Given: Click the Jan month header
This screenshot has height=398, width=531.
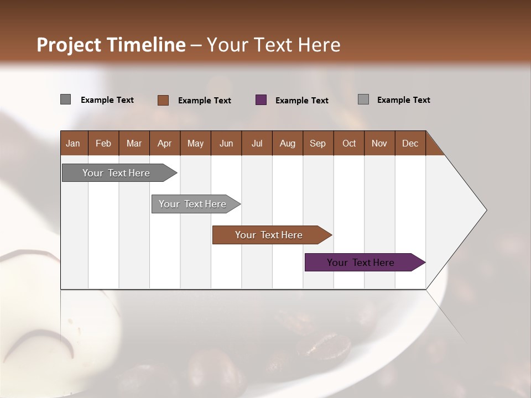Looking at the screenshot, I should (x=74, y=143).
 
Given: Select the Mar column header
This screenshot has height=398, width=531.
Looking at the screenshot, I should (x=134, y=143).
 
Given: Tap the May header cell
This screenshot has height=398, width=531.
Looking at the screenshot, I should (x=195, y=143).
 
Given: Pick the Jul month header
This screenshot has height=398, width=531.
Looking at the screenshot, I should (x=257, y=143).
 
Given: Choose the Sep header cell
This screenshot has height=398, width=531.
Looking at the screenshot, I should (x=317, y=143).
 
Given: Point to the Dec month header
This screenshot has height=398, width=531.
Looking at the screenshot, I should (x=410, y=143).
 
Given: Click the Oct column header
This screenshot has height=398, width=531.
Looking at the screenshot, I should (x=349, y=143).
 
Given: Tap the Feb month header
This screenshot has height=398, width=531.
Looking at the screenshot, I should (x=103, y=143).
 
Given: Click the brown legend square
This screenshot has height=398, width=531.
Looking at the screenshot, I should (x=163, y=100).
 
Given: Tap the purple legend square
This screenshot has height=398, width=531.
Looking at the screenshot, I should (x=261, y=100).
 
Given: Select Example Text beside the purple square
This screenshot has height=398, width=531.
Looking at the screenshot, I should (x=301, y=101).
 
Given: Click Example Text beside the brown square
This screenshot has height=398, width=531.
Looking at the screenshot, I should (x=204, y=101).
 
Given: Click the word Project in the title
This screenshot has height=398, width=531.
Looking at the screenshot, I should (x=68, y=45).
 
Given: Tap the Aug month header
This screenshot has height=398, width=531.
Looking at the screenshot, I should (x=287, y=143).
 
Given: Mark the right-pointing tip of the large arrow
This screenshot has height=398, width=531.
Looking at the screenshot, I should (x=486, y=210).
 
